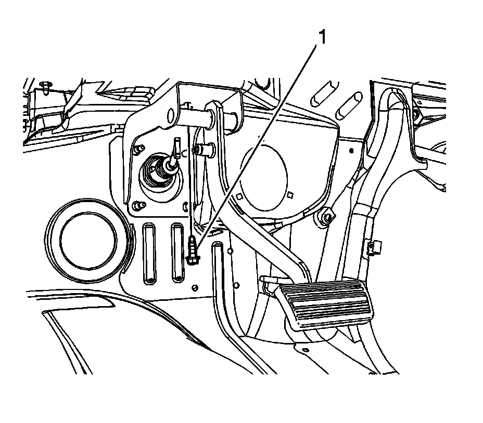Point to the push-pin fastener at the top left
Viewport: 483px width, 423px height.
pyautogui.click(x=45, y=85)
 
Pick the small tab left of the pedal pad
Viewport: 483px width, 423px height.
pyautogui.click(x=266, y=281)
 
